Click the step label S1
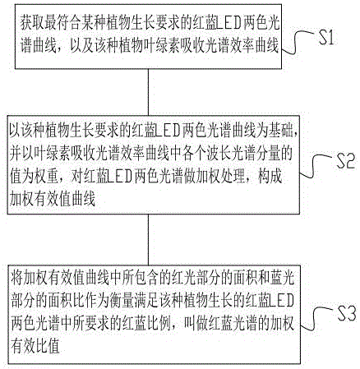click(325, 38)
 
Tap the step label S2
click(345, 161)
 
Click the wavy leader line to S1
click(299, 42)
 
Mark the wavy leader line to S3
click(318, 318)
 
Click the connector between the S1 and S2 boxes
click(148, 92)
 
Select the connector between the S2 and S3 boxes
click(148, 239)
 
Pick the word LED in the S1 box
click(224, 24)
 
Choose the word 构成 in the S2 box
click(270, 177)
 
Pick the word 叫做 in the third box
click(196, 324)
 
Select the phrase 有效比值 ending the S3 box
click(35, 347)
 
